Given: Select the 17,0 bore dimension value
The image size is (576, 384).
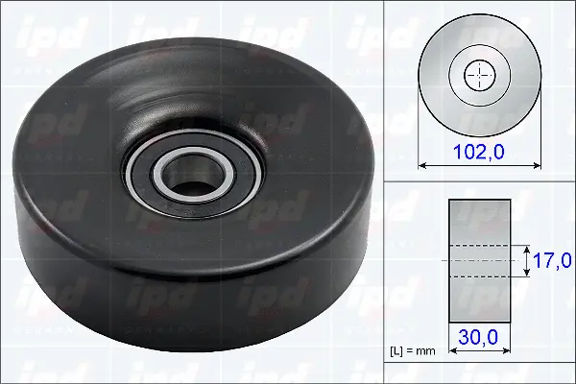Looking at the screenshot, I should [552, 260].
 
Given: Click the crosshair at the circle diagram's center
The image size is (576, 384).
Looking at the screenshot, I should [477, 75].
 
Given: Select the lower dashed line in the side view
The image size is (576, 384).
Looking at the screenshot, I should [477, 277].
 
